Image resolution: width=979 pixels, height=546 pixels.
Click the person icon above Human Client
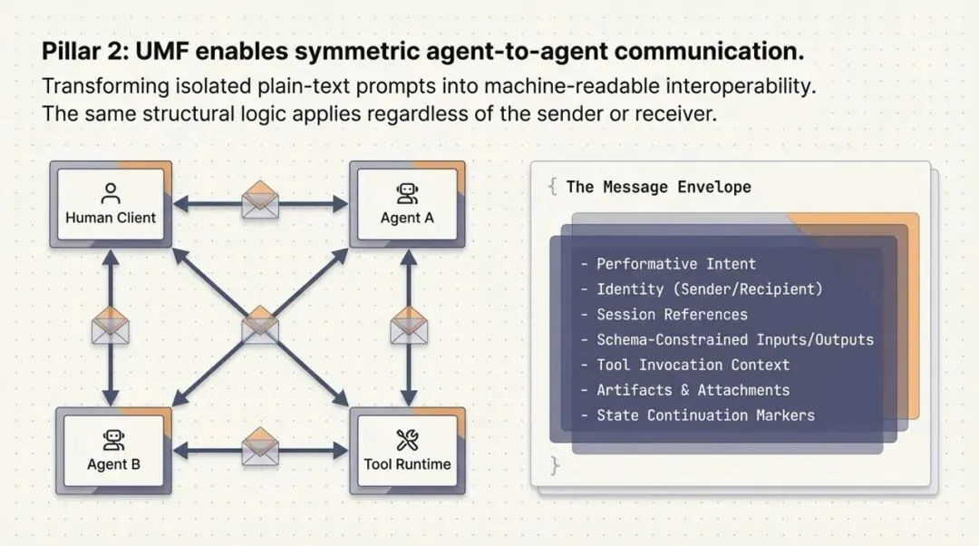tap(111, 193)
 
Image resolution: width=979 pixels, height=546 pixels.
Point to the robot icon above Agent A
tap(407, 193)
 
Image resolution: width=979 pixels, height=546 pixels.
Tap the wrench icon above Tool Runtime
tap(407, 441)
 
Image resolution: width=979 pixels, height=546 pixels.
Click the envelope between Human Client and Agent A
tap(260, 200)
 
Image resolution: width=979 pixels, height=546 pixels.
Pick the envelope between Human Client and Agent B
tap(111, 326)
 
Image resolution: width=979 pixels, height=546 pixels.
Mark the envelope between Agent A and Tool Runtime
tap(409, 326)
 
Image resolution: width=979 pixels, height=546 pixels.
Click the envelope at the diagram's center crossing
tap(260, 324)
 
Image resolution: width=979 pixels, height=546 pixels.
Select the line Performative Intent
tap(675, 264)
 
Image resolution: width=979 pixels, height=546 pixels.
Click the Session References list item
tap(672, 315)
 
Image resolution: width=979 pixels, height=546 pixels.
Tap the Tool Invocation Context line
tap(693, 365)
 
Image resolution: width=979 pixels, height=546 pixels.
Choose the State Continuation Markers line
tap(705, 415)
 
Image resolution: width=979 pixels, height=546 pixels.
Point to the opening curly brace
tap(552, 187)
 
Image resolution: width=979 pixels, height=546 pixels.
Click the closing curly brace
tap(555, 466)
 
